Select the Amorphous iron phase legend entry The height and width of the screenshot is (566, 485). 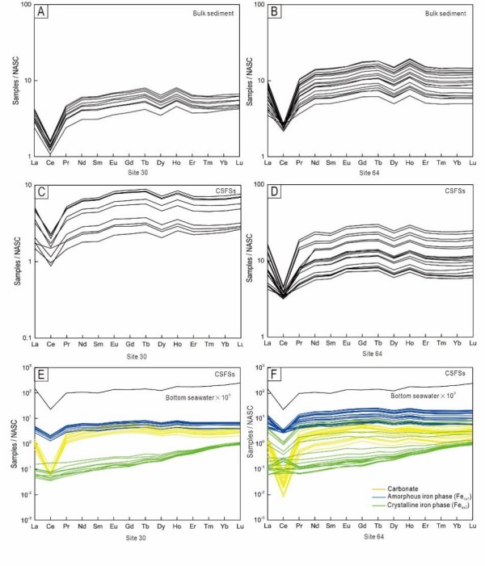[429, 500]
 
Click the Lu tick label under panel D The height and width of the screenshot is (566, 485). [473, 344]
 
